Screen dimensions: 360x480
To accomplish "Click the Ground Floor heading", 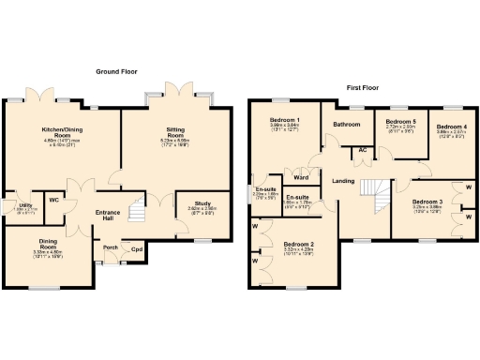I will (117, 72).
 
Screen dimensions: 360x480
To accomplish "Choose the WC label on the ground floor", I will (54, 200).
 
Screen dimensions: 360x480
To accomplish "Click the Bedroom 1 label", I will (285, 120).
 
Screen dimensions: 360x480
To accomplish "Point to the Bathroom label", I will (347, 124).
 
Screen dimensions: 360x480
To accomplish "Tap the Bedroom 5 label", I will (401, 121).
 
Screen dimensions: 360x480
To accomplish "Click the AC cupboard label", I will (362, 150).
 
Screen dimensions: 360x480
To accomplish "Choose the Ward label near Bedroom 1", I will (301, 177).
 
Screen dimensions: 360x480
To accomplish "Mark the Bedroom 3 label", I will (427, 202).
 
